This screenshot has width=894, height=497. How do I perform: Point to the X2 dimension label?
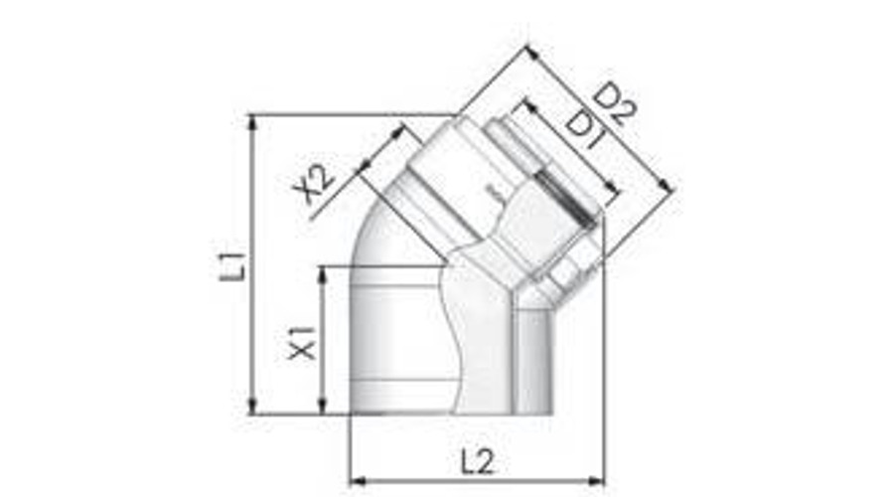point(315,185)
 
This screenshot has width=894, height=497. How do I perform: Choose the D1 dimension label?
point(585,130)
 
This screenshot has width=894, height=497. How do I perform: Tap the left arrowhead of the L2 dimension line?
point(355,481)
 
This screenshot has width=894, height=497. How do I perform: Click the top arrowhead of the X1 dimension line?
point(322,271)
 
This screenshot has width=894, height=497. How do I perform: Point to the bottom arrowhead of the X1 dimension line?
point(322,409)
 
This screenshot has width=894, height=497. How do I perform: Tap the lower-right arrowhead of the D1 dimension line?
point(617,193)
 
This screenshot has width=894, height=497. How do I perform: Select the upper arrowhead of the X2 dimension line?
point(400,129)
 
